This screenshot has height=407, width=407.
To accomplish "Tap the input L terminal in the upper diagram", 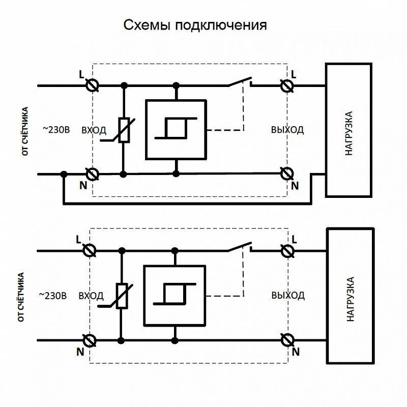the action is (93, 85).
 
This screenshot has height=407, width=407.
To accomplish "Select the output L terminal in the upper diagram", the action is (287, 85).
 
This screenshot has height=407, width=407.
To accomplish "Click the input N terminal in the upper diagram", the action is (93, 174).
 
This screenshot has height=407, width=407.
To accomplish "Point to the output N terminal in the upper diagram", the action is (287, 173).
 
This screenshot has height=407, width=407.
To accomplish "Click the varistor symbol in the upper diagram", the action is (124, 130).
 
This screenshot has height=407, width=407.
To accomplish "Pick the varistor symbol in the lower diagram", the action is (122, 296).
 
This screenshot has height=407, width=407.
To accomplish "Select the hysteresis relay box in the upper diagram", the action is (176, 129).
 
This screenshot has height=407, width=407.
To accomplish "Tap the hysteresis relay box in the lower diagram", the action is (175, 296).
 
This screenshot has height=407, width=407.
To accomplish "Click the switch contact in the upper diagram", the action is (240, 81).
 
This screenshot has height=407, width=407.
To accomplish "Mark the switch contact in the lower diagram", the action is (240, 247).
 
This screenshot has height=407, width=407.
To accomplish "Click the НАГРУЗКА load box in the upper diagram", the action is (349, 130).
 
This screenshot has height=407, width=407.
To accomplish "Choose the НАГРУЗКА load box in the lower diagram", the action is (351, 296).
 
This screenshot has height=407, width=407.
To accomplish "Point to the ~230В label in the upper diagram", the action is (56, 130).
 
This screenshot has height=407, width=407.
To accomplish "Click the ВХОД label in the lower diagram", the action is (91, 296).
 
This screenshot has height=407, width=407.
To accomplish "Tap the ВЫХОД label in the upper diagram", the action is (287, 130).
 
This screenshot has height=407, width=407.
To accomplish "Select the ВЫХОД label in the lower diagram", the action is (288, 296).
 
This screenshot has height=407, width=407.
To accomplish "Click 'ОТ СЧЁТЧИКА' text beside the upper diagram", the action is (25, 131).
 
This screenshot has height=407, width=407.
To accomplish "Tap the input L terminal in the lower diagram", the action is (90, 251).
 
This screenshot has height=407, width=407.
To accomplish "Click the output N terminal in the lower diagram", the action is (287, 340).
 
